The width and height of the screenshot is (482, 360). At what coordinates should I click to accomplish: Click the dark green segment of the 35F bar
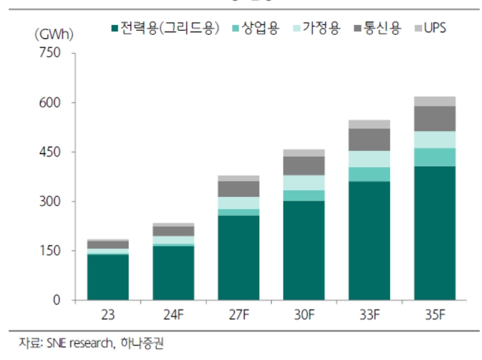point(435,233)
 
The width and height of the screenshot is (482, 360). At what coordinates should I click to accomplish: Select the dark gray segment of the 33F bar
point(369,140)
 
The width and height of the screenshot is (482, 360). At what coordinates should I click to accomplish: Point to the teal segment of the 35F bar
point(435,157)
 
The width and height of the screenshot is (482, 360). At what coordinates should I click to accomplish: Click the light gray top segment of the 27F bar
point(238,178)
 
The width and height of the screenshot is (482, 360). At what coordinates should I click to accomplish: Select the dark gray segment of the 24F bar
point(173,231)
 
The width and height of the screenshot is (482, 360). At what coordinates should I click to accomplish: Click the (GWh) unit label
point(53,32)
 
